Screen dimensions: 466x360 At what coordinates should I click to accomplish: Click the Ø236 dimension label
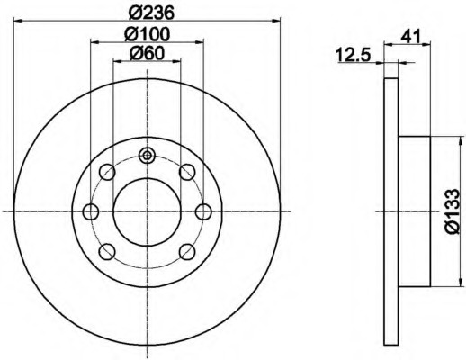151,13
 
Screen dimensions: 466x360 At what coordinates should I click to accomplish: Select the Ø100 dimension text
148,34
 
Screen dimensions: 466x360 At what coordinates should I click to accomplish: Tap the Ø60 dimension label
148,54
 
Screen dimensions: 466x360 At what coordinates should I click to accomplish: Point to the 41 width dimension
411,37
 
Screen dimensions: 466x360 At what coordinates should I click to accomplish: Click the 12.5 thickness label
354,55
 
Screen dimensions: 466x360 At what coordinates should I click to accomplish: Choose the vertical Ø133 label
453,211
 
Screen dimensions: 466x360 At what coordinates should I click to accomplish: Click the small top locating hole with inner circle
147,156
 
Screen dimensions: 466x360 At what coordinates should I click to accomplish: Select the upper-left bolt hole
107,172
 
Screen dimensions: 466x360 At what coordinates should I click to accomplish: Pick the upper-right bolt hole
187,172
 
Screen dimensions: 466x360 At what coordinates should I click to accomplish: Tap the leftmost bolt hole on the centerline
91,211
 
